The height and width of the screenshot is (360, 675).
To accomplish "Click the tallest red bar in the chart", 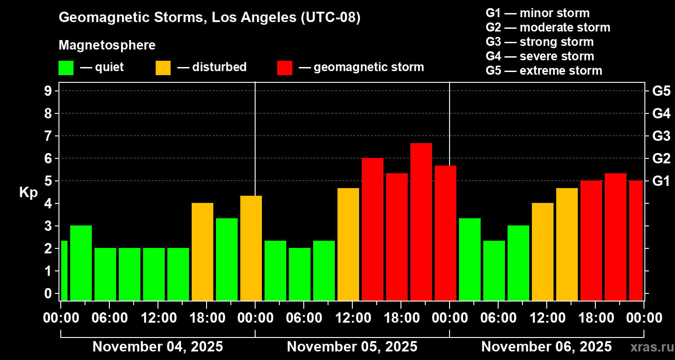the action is [421, 222].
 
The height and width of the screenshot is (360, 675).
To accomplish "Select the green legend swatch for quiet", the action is [66, 68].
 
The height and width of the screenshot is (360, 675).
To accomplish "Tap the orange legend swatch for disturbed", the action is [163, 68].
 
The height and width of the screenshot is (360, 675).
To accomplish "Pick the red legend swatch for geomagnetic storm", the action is [284, 68].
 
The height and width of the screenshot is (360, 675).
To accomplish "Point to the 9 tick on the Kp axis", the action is [48, 91].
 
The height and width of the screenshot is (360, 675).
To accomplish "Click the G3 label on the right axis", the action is [661, 136].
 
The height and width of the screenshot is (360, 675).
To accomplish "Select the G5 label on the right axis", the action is [661, 91].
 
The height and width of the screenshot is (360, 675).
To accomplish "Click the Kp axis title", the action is [28, 192].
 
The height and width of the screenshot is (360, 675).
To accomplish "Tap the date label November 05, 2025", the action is [352, 346].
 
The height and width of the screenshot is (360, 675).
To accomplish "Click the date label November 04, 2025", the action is [157, 346].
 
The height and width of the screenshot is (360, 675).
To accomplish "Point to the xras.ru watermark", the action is [652, 347].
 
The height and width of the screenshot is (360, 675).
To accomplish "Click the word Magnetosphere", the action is [107, 45].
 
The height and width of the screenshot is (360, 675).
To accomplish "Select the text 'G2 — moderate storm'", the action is [548, 27].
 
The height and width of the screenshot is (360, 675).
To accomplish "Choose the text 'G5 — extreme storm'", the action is [544, 71].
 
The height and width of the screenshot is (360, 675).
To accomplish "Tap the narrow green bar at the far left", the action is [64, 270].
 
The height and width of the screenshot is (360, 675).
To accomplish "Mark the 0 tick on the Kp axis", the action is [48, 293].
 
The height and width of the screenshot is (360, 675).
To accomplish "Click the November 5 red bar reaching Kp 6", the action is [373, 229].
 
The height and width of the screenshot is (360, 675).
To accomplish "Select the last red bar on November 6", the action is [636, 240].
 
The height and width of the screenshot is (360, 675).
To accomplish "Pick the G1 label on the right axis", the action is [661, 181].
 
